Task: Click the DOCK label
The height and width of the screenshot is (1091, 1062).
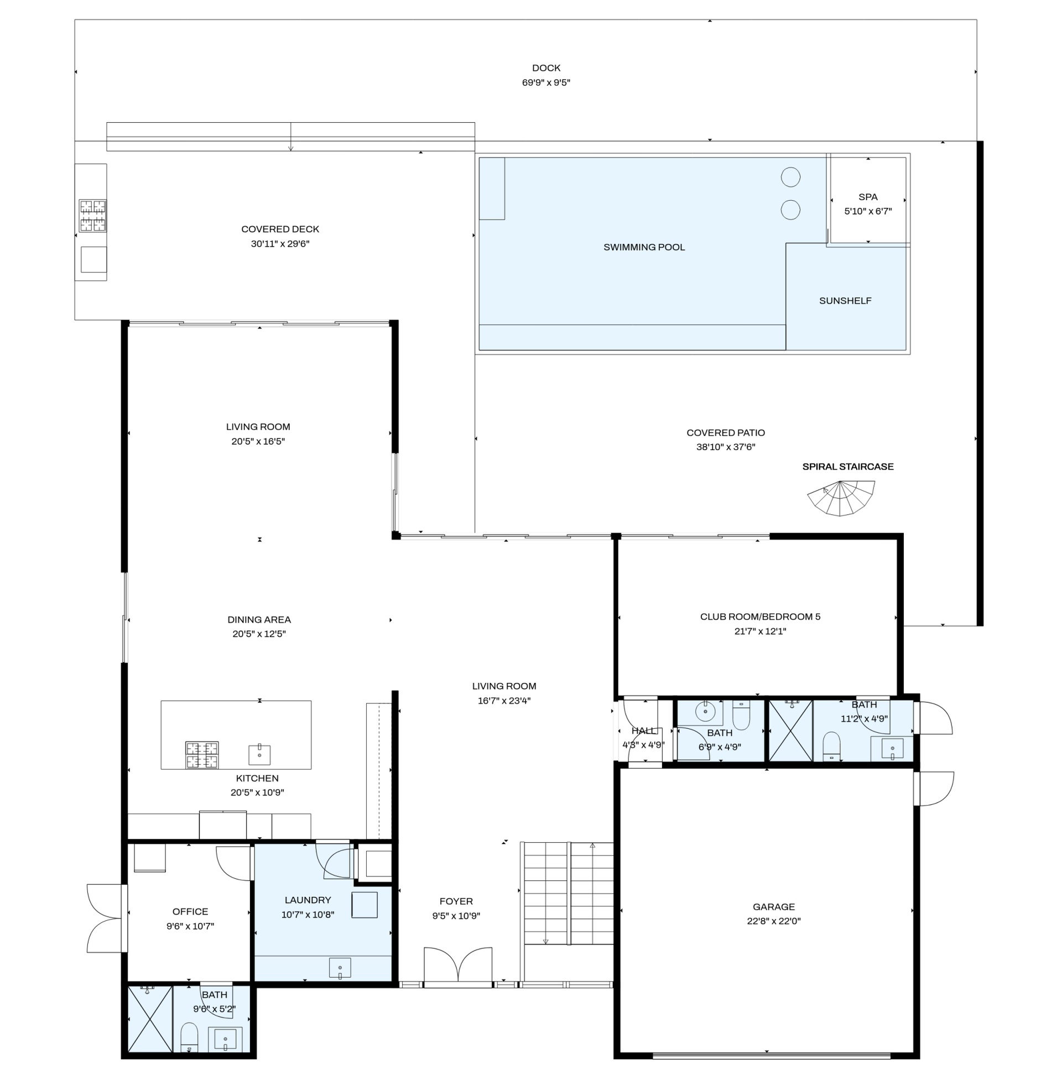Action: [546, 68]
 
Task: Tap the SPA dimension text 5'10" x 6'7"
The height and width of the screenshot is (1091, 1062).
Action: [868, 211]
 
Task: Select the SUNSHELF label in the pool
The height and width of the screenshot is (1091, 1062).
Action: [845, 301]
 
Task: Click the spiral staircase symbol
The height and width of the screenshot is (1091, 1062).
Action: [841, 499]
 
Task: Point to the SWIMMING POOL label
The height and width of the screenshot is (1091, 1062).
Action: [644, 248]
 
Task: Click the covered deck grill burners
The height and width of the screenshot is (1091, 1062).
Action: [92, 216]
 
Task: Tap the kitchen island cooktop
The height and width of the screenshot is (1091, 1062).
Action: [202, 755]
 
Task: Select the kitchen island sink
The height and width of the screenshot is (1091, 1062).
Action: [259, 755]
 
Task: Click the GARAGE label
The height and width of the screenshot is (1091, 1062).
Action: [774, 907]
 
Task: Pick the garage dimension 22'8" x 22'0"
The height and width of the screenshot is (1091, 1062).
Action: [774, 922]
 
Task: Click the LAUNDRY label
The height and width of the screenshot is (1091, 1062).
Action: [308, 900]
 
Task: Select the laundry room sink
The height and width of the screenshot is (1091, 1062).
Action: [340, 968]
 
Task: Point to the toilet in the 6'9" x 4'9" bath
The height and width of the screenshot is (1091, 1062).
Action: [741, 715]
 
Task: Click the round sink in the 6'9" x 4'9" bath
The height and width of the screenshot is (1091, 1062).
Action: [706, 712]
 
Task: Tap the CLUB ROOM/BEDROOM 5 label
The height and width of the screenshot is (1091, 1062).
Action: [760, 617]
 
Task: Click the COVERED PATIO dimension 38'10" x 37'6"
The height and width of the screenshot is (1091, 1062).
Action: [726, 447]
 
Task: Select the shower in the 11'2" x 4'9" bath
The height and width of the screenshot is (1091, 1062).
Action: [791, 730]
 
